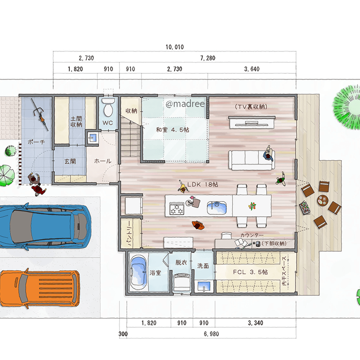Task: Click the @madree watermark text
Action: coord(185,104)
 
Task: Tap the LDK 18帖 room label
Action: coord(203,184)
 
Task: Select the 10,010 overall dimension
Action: coord(175,47)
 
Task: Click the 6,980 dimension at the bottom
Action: coord(211,334)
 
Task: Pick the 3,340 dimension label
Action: coord(256,323)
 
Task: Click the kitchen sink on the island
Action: coord(217,208)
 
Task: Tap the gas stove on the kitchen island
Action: coord(176,208)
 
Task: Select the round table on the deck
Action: coord(323,200)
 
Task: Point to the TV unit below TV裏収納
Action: coord(252,122)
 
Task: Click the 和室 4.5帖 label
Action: coord(173,130)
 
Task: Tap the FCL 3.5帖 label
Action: coord(250,272)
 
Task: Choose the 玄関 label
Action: coord(70,161)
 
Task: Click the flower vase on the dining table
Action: coord(252,206)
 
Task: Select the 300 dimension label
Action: coord(123,334)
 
